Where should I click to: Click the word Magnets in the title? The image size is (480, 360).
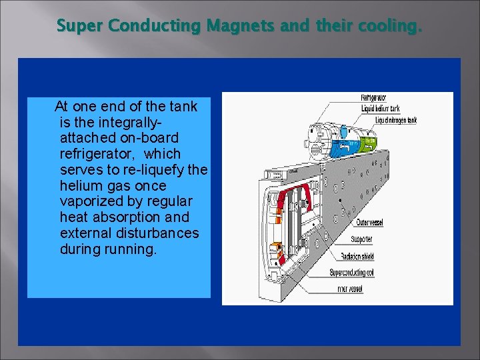point(233,26)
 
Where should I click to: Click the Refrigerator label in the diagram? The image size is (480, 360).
point(373,99)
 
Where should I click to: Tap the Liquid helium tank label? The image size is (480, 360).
point(381,108)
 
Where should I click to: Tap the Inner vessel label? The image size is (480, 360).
point(351,289)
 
